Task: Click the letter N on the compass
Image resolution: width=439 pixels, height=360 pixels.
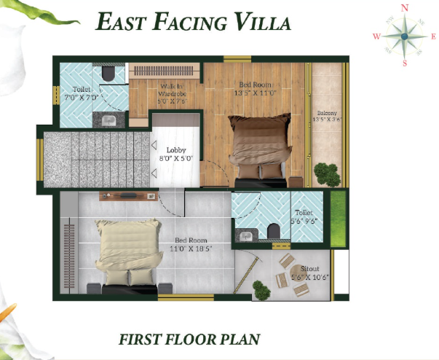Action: point(406,7)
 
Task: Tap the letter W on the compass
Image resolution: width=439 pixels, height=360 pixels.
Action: point(376,36)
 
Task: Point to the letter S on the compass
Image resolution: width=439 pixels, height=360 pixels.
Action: point(406,63)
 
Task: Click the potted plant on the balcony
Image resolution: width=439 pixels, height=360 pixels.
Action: point(327,176)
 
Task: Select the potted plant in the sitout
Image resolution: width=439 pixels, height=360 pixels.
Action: point(261,291)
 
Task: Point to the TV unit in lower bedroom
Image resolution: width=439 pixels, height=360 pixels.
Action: point(127,196)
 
